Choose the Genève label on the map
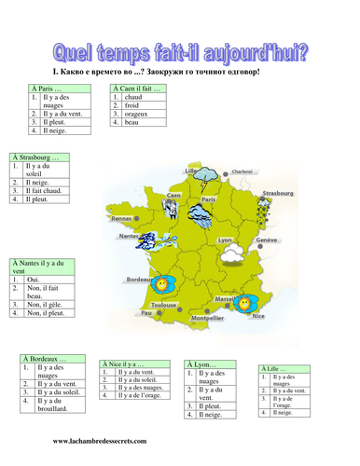(x=267, y=240)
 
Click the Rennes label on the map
(x=121, y=220)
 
